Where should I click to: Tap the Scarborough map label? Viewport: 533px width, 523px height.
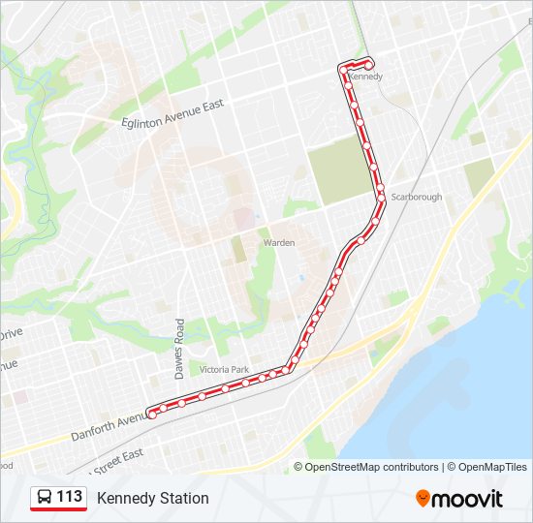tap(417, 197)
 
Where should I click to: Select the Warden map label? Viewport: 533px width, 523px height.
tap(279, 242)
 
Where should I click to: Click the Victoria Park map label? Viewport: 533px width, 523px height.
tap(224, 370)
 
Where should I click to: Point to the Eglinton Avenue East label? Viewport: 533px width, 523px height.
tap(174, 114)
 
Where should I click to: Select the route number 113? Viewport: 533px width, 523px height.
tap(69, 497)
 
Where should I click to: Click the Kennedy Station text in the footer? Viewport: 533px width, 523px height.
tap(152, 498)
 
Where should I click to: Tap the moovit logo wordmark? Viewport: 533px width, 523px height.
tap(468, 499)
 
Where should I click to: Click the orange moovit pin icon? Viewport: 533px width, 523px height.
tap(423, 499)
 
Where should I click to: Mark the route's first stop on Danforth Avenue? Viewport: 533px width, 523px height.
tap(152, 414)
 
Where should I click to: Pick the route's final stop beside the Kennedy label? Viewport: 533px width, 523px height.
tap(370, 63)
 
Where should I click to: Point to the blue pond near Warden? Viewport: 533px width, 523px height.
tap(302, 279)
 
